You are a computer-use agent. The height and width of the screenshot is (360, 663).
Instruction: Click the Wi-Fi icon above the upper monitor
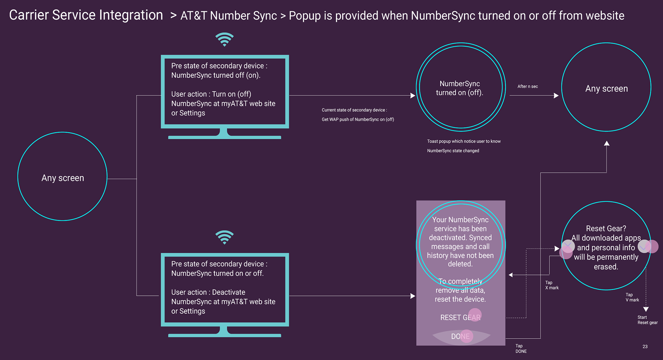(224, 39)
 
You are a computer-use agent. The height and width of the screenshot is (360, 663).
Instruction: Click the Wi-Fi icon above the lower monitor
(224, 237)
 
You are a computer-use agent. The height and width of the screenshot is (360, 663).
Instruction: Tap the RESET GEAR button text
(460, 318)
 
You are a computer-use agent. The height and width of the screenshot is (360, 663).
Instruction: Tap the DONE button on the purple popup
(460, 336)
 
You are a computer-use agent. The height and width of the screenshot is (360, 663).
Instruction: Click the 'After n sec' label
(528, 86)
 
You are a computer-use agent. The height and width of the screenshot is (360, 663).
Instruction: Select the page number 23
(645, 347)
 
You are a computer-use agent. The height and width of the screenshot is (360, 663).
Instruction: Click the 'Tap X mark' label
(552, 285)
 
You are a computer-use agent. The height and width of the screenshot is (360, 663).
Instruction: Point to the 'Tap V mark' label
(632, 297)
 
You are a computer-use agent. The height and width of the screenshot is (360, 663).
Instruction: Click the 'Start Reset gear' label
(647, 320)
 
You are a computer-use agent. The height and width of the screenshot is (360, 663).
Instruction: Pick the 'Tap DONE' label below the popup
(521, 349)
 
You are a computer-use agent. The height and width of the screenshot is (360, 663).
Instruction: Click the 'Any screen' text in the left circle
(63, 178)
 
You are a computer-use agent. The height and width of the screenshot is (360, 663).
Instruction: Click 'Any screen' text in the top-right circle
(606, 89)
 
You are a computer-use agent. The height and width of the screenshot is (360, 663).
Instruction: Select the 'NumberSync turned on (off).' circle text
(460, 88)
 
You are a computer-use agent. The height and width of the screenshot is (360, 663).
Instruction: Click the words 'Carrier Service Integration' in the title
(86, 15)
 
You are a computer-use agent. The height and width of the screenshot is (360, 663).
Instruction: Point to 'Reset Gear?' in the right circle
(606, 228)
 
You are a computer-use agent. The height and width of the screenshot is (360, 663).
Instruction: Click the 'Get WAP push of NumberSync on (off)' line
(358, 120)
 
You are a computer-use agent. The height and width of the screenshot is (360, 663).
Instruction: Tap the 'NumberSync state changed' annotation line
(453, 151)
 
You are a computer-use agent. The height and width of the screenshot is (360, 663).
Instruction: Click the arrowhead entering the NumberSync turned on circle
(413, 95)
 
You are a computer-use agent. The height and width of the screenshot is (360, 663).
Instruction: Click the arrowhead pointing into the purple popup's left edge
(413, 296)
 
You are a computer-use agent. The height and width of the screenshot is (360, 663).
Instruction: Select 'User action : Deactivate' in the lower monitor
(208, 292)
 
